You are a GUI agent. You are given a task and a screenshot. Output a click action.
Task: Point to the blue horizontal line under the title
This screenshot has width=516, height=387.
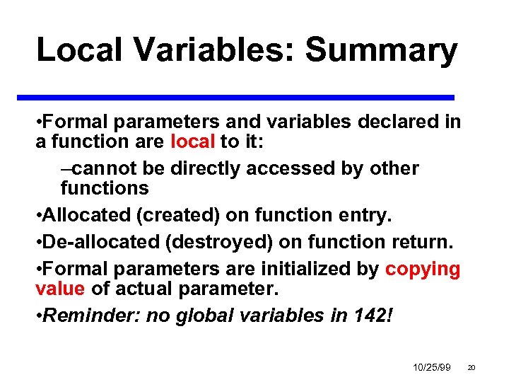245,97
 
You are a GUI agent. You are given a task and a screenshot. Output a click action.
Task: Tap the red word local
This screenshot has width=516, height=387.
192,141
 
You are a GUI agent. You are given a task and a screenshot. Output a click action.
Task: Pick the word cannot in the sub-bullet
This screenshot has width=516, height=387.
100,168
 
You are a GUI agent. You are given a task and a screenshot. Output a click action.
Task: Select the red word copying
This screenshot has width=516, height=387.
423,269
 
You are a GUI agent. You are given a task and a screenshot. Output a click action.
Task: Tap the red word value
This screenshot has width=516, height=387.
60,289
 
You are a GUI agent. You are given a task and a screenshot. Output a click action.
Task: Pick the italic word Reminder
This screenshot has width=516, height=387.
91,316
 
